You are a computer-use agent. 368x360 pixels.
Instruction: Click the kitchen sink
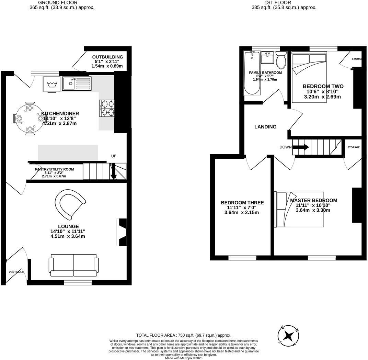77,84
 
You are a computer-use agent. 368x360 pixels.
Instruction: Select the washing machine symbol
51,84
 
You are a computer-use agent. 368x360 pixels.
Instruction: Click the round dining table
30,119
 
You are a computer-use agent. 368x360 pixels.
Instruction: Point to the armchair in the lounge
70,204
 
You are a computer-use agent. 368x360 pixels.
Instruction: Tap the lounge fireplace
122,232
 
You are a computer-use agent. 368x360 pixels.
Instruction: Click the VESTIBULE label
16,272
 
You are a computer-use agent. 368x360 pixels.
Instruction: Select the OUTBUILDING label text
107,57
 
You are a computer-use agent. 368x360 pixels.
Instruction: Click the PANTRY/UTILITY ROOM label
54,169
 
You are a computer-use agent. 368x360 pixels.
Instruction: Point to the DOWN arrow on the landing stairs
300,147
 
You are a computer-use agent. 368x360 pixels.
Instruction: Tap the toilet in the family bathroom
281,60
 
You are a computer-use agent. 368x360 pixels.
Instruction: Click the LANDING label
265,127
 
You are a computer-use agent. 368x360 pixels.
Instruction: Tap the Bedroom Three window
242,258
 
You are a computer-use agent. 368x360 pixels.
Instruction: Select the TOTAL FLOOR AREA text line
184,335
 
